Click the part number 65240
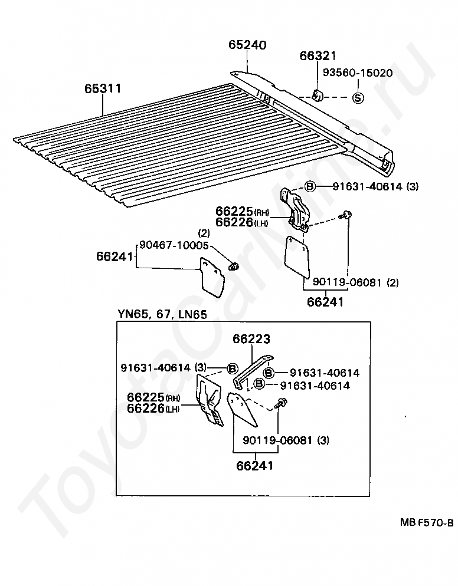tap(247, 45)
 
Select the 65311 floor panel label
tap(103, 88)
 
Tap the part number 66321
tap(318, 56)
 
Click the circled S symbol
tap(358, 98)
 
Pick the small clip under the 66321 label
tap(318, 95)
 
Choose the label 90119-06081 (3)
tap(286, 440)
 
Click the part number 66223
tap(251, 339)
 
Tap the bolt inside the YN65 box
tap(282, 403)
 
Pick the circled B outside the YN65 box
tap(310, 187)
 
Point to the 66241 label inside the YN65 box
tap(254, 466)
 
